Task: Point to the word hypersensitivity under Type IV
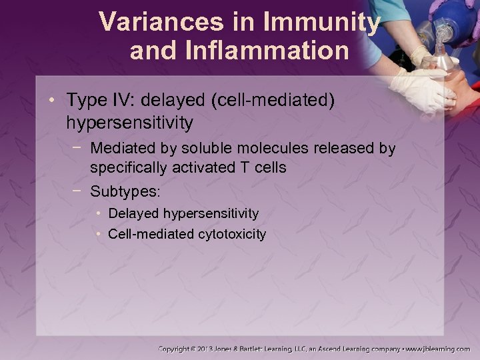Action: point(130,123)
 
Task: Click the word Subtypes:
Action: point(125,192)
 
